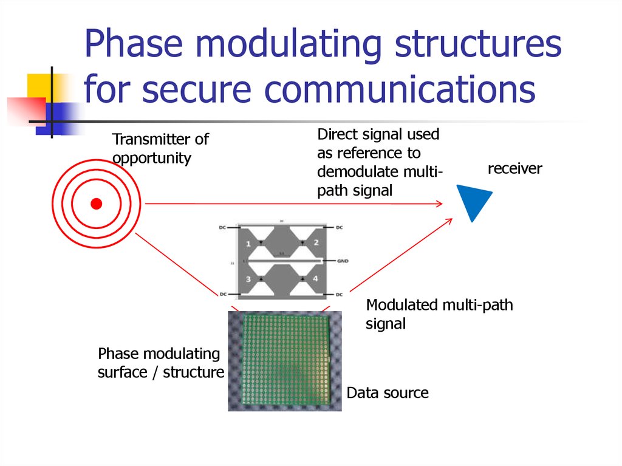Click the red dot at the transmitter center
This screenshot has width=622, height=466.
[x=96, y=204]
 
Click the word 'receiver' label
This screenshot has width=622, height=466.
[x=514, y=168]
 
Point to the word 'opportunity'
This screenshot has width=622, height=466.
[x=152, y=159]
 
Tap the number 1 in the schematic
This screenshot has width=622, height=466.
[x=248, y=244]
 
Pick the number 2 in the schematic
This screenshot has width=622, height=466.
[x=316, y=242]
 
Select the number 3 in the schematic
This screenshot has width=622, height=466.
[x=248, y=279]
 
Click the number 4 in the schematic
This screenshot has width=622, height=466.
[x=315, y=279]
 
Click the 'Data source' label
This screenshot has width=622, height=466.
[x=388, y=392]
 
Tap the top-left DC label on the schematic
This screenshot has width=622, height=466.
[x=222, y=227]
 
